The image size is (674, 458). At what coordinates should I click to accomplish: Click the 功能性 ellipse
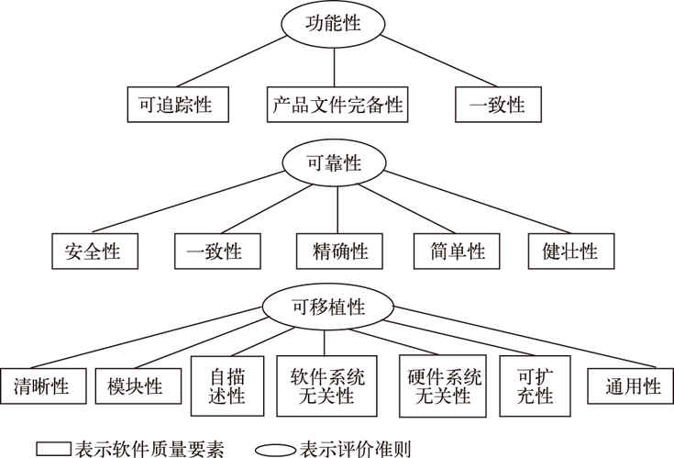[333, 24]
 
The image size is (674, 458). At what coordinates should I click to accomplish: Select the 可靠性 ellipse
[334, 163]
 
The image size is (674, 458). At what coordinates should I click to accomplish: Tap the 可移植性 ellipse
[328, 307]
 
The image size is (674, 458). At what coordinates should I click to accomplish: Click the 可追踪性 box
[178, 105]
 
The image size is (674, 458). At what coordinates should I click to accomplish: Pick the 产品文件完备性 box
[337, 105]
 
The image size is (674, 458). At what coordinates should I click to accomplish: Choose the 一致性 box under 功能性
[498, 105]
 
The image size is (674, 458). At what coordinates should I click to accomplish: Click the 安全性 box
[95, 251]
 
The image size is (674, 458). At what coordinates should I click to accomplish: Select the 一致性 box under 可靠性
[217, 251]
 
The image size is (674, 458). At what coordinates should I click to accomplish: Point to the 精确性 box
[339, 251]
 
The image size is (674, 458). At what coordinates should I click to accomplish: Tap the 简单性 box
[457, 251]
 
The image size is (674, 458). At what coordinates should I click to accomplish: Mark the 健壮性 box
[571, 251]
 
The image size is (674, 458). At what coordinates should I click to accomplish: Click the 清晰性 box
[43, 385]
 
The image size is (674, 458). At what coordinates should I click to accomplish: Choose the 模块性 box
[138, 385]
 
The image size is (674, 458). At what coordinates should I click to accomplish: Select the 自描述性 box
[227, 385]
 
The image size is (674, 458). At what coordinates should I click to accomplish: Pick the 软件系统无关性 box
[326, 385]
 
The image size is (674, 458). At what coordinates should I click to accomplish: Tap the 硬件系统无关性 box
[443, 385]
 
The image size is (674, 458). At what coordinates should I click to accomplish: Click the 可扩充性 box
[536, 385]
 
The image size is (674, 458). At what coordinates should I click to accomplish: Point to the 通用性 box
[631, 385]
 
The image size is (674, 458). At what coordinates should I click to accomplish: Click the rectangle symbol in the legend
[53, 449]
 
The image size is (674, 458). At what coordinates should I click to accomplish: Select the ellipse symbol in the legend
[275, 451]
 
